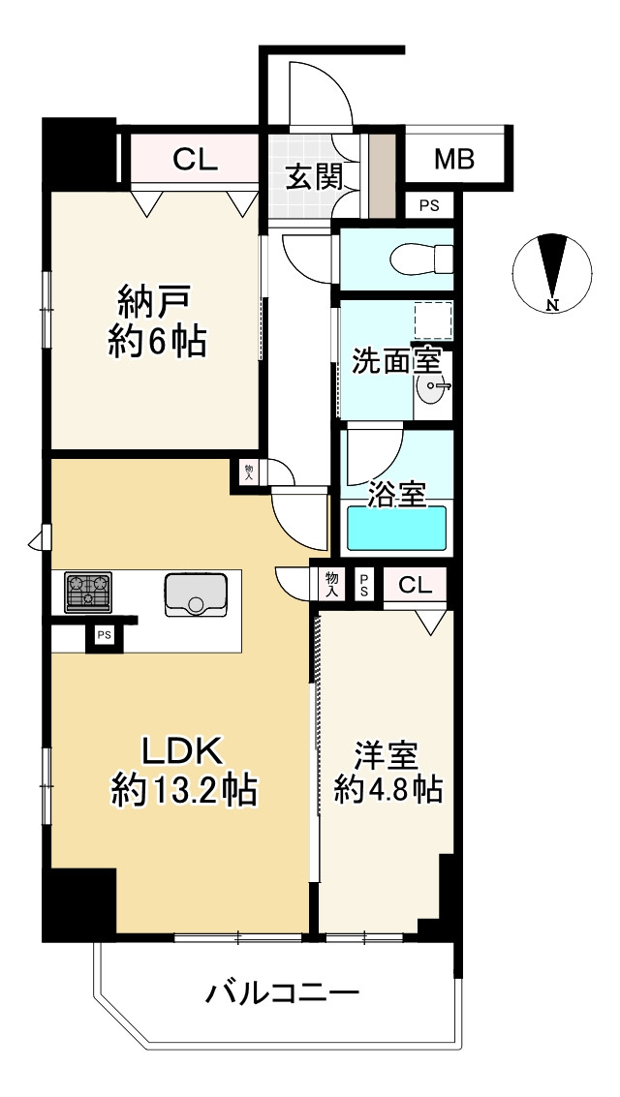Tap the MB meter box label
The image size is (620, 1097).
453,159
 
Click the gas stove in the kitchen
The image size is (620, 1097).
88,592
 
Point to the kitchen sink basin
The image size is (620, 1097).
196,594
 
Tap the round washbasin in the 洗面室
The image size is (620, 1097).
433,389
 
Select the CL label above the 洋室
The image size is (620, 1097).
415,585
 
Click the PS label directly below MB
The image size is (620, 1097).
428,205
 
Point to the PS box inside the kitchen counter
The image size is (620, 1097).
102,635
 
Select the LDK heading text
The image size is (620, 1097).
184,749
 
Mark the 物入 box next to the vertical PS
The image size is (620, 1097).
331,583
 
